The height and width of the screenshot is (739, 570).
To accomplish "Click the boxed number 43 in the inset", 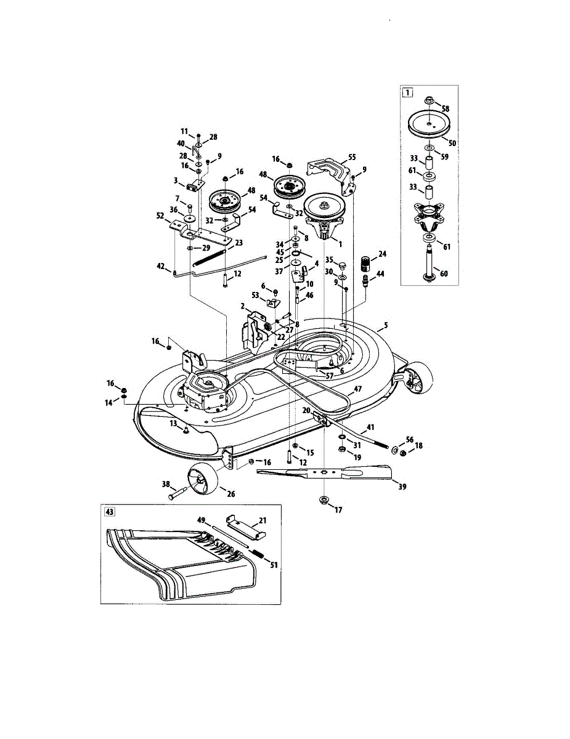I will (110, 512).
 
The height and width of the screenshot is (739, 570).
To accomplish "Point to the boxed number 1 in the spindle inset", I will (407, 94).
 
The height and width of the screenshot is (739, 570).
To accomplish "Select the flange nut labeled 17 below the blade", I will (324, 499).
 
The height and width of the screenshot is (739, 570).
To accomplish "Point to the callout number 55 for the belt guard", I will (352, 158).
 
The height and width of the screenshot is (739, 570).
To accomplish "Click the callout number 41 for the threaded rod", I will (371, 427).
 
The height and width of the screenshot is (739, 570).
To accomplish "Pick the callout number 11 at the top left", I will (184, 131).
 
